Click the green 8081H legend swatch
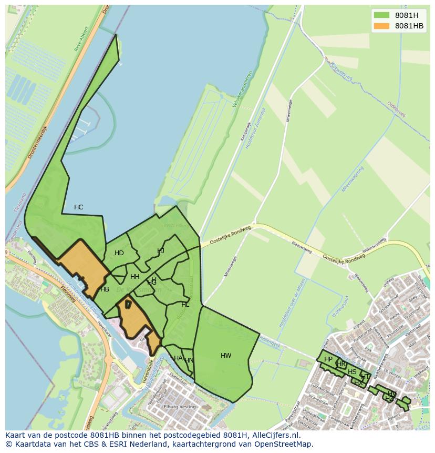tap(382, 15)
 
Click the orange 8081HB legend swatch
tap(382, 26)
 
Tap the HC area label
tap(78, 207)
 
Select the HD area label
tap(119, 253)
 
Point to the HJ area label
tap(161, 251)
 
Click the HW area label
tap(226, 356)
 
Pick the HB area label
tap(105, 289)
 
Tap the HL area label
tap(185, 305)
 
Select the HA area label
tap(178, 358)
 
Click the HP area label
tap(328, 359)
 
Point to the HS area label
tap(352, 372)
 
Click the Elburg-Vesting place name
tap(180, 407)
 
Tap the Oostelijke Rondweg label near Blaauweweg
tap(344, 257)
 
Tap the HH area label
tap(135, 277)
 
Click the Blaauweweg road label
tap(302, 248)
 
